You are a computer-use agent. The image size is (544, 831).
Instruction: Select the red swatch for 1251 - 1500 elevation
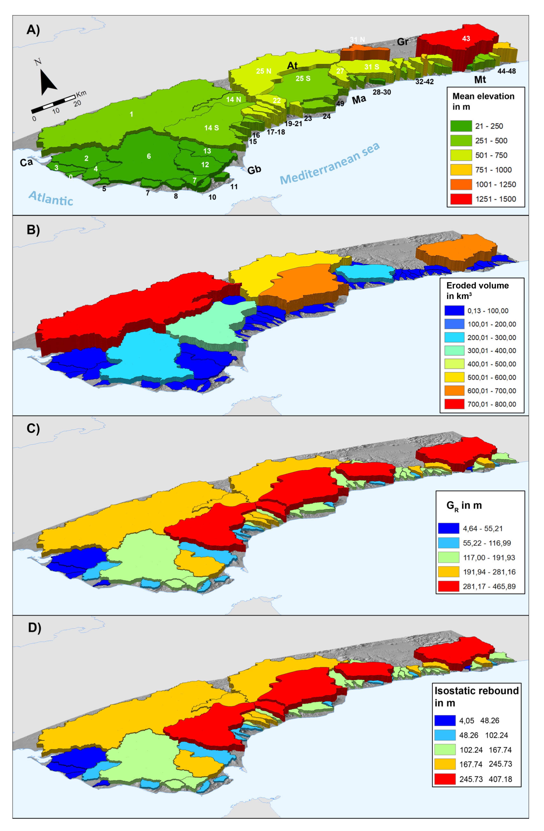coord(461,199)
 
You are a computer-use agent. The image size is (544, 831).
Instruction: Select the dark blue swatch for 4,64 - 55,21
coord(448,528)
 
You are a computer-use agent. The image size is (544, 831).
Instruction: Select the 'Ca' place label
coord(26,162)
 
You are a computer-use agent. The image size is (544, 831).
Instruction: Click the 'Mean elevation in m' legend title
coord(483,101)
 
